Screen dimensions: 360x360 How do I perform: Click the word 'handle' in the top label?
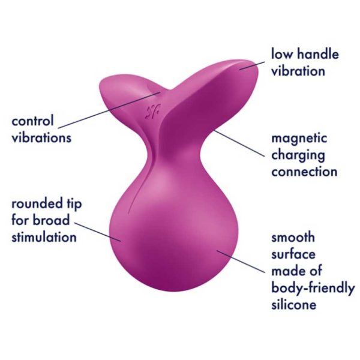(318, 54)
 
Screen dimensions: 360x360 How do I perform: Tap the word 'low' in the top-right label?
(283, 54)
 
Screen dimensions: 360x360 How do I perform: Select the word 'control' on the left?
(32, 121)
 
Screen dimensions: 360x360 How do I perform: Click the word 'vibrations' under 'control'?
(41, 137)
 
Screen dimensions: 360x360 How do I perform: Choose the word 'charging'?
(298, 156)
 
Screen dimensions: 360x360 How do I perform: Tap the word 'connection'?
(304, 172)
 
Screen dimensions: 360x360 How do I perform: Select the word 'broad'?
(51, 220)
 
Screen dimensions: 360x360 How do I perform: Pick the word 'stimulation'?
(44, 237)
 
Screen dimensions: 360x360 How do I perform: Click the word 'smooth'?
(293, 237)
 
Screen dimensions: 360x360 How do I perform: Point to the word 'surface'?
(293, 254)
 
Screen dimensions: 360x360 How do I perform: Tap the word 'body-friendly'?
(313, 287)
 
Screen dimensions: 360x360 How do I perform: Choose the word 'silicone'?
(294, 304)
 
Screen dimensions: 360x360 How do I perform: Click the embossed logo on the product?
(152, 112)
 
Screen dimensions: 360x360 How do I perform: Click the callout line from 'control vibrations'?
(109, 110)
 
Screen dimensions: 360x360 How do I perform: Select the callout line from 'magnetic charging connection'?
(239, 144)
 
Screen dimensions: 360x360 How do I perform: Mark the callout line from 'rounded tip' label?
(97, 232)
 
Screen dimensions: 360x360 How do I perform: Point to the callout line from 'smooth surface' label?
(241, 262)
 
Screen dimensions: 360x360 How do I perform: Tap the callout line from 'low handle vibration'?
(251, 65)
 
